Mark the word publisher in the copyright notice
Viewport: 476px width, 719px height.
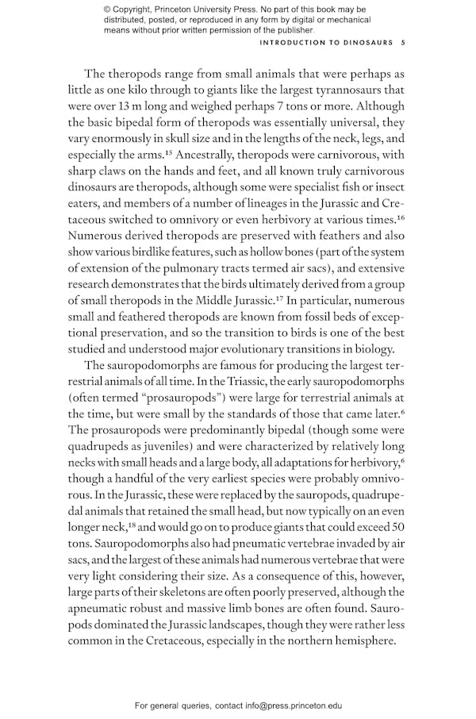293,30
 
